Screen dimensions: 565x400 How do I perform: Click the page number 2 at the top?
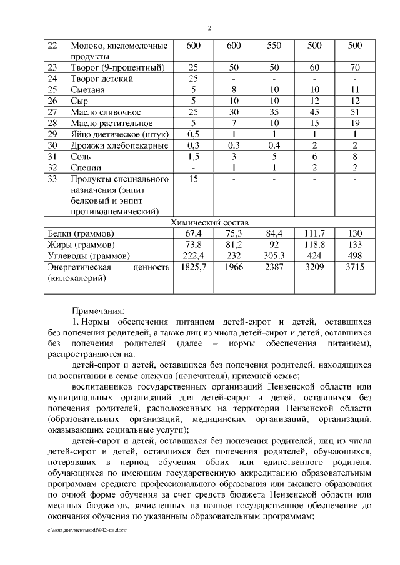click(x=209, y=27)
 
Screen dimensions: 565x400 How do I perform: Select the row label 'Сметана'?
click(x=87, y=90)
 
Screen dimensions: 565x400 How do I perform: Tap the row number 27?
click(x=52, y=112)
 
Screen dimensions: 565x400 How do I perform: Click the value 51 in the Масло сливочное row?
click(x=354, y=112)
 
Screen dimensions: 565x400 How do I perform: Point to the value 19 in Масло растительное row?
click(x=354, y=123)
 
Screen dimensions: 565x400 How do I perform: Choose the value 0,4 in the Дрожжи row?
click(x=274, y=145)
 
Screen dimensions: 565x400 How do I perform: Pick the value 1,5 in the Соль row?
click(x=194, y=157)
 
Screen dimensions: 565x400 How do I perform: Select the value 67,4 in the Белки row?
click(x=194, y=233)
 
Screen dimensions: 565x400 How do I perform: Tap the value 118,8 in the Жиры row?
click(x=314, y=245)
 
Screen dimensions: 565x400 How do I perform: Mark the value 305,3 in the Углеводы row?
click(x=274, y=256)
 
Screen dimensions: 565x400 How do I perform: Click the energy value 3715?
click(x=354, y=267)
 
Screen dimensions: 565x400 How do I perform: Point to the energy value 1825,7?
click(x=194, y=267)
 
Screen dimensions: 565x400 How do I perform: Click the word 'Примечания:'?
click(x=98, y=310)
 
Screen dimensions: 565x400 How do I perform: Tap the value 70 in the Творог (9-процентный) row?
click(x=354, y=67)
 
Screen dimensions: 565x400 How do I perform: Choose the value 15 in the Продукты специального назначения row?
click(x=194, y=179)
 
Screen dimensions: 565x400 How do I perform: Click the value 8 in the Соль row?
click(x=354, y=157)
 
